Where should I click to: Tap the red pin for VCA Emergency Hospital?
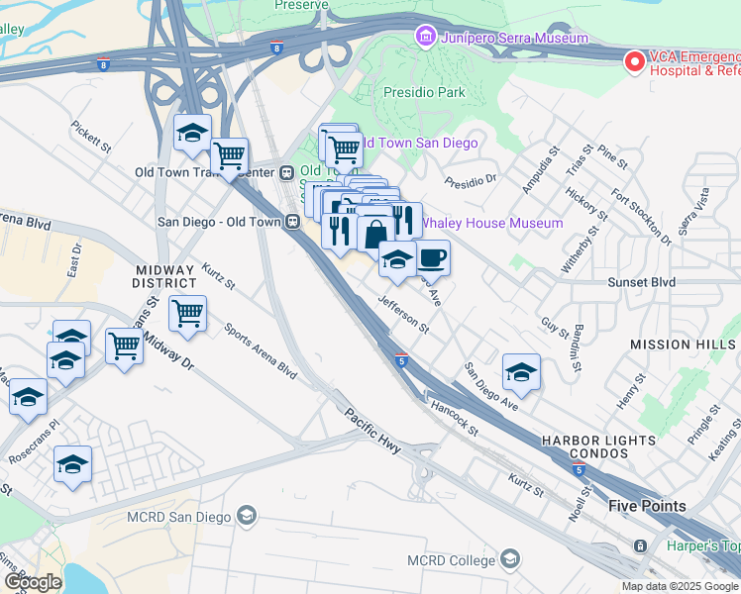click(x=634, y=61)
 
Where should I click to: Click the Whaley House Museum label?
click(x=492, y=223)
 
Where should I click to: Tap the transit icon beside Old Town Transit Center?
click(x=287, y=171)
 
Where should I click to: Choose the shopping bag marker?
click(x=375, y=236)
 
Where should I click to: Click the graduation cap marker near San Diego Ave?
click(x=521, y=372)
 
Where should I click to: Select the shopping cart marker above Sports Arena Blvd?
click(x=187, y=314)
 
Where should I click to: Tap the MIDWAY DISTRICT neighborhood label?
click(x=164, y=276)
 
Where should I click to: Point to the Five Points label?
click(x=646, y=506)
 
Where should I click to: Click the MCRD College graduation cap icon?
click(x=510, y=561)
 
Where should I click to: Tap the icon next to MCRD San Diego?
click(x=247, y=516)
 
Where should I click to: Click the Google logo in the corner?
click(x=33, y=581)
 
